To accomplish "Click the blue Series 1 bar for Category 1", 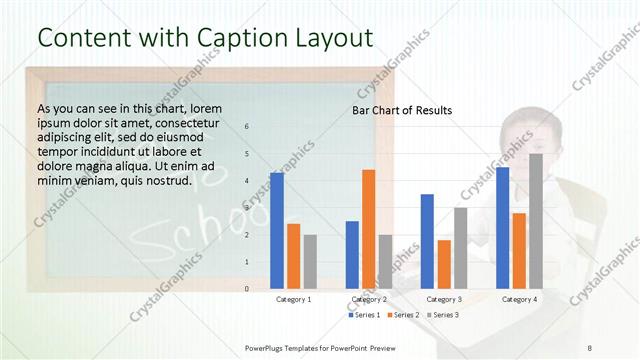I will (277, 231).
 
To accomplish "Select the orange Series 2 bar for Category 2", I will (368, 229).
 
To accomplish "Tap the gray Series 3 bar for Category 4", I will (536, 221).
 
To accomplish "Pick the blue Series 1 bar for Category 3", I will (427, 241).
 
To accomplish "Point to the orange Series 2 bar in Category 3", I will (444, 264).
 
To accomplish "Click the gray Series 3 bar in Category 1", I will (310, 262).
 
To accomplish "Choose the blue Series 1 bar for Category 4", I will (502, 228).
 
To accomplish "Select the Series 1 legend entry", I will (365, 315).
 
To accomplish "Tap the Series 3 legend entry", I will (444, 315).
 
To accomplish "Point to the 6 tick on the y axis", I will (247, 127).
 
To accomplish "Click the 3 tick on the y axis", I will (247, 208).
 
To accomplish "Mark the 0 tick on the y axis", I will (247, 289).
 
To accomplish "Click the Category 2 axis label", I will (369, 299).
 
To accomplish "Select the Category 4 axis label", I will (519, 299).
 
